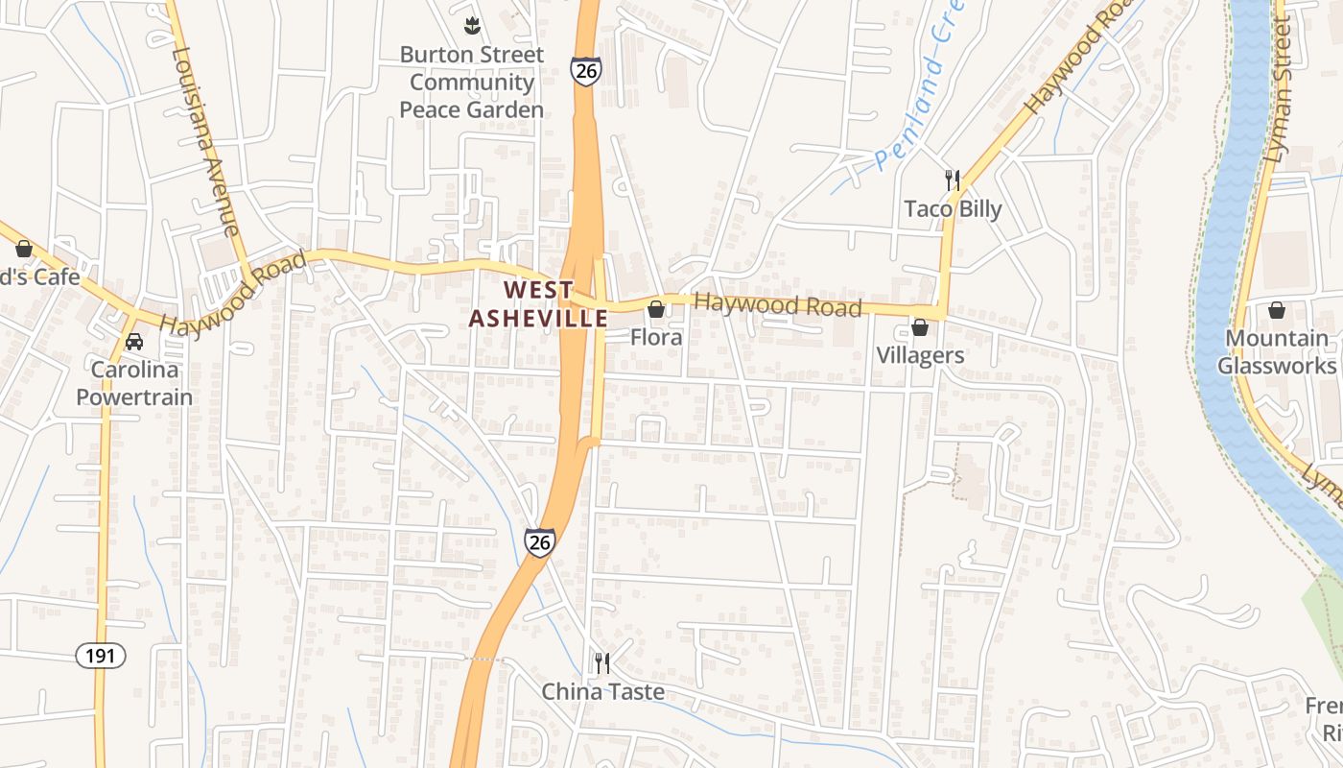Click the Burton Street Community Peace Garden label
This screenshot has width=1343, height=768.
pyautogui.click(x=471, y=83)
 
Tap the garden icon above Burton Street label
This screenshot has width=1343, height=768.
pyautogui.click(x=471, y=23)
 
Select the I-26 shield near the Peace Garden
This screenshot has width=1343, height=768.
pyautogui.click(x=585, y=71)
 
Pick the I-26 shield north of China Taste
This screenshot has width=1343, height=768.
pyautogui.click(x=539, y=541)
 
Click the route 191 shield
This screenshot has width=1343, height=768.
pyautogui.click(x=100, y=656)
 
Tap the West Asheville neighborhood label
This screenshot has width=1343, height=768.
pyautogui.click(x=538, y=304)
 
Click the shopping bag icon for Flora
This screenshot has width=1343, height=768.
pyautogui.click(x=656, y=309)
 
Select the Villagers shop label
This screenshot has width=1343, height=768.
pyautogui.click(x=920, y=355)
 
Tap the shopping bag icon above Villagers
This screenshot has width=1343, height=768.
pyautogui.click(x=920, y=327)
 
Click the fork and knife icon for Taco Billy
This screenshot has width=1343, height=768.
pyautogui.click(x=952, y=180)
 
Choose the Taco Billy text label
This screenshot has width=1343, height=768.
pyautogui.click(x=953, y=209)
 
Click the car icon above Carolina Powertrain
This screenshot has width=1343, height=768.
pyautogui.click(x=134, y=342)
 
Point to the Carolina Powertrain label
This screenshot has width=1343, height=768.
pyautogui.click(x=134, y=383)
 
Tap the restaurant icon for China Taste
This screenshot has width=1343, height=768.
pyautogui.click(x=601, y=662)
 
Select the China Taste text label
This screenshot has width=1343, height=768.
pyautogui.click(x=602, y=691)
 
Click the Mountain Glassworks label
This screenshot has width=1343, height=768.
pyautogui.click(x=1277, y=352)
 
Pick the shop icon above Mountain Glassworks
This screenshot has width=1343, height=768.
pyautogui.click(x=1277, y=309)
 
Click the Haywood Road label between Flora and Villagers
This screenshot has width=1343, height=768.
pyautogui.click(x=777, y=305)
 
